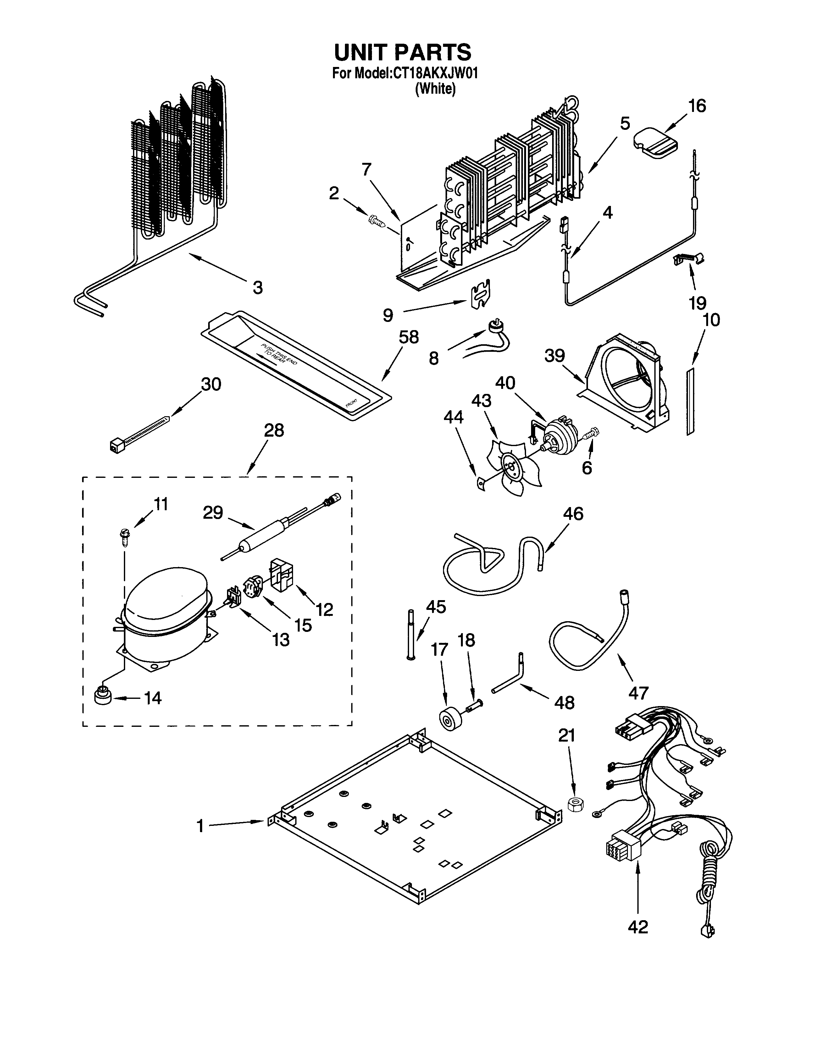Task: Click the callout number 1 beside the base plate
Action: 200,825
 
